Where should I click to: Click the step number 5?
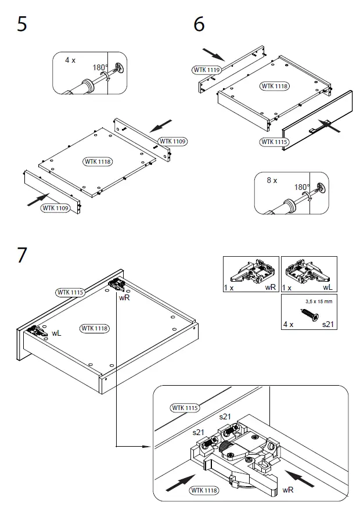pos(22,25)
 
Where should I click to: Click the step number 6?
pos(199,25)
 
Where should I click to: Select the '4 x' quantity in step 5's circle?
pos(70,60)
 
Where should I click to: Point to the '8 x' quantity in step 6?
pos(272,181)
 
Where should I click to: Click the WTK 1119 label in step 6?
pos(206,70)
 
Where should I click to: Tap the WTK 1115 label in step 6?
pos(275,142)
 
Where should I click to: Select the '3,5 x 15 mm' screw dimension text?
pos(319,302)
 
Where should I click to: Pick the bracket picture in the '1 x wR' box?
pos(252,272)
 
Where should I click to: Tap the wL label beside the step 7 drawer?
pos(57,333)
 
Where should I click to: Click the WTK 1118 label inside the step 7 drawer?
pos(95,328)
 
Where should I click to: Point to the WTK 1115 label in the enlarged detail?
pos(185,408)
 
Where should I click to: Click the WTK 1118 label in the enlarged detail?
pos(204,490)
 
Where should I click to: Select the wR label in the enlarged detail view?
pos(287,490)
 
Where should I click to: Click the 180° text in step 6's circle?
pos(302,188)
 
